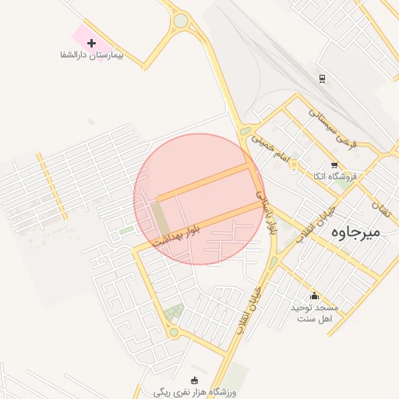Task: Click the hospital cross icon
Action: coord(92,43)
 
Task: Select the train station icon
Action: coord(321,79)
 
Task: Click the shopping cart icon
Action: coord(334,165)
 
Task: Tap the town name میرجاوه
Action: coord(355,231)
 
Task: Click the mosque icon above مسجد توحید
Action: coord(314,295)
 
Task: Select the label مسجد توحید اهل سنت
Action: coord(312,313)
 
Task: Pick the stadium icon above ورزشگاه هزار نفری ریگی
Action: coord(194,379)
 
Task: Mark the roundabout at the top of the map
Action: coord(181,20)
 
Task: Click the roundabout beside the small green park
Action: coord(173,333)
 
